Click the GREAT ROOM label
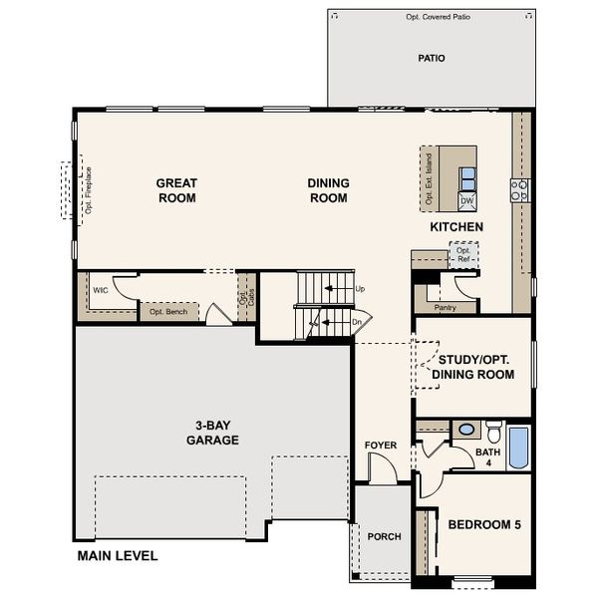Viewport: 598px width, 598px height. click(176, 190)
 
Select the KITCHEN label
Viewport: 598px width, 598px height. click(456, 227)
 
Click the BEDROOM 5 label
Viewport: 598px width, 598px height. click(484, 524)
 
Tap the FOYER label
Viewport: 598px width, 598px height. click(381, 446)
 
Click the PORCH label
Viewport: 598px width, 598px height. click(384, 536)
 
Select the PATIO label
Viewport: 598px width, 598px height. click(431, 58)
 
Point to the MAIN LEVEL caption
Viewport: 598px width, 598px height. click(118, 556)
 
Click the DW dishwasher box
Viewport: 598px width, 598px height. click(466, 201)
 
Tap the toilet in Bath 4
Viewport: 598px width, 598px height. click(493, 432)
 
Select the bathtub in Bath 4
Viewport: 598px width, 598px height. click(518, 448)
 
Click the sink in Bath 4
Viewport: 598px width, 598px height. click(465, 431)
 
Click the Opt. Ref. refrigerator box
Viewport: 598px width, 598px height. click(463, 255)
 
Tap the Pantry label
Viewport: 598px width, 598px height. click(446, 308)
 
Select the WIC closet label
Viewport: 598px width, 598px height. click(101, 291)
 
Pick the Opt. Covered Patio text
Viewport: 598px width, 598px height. click(432, 17)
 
